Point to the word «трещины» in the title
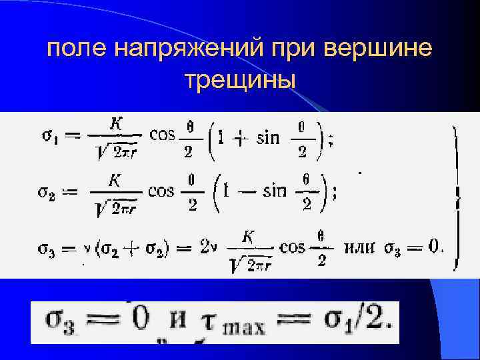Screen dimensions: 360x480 click(x=240, y=80)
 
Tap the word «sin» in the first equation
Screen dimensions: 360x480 click(x=267, y=137)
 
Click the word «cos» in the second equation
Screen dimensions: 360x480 click(x=161, y=192)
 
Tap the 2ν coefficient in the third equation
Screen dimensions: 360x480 click(x=208, y=249)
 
